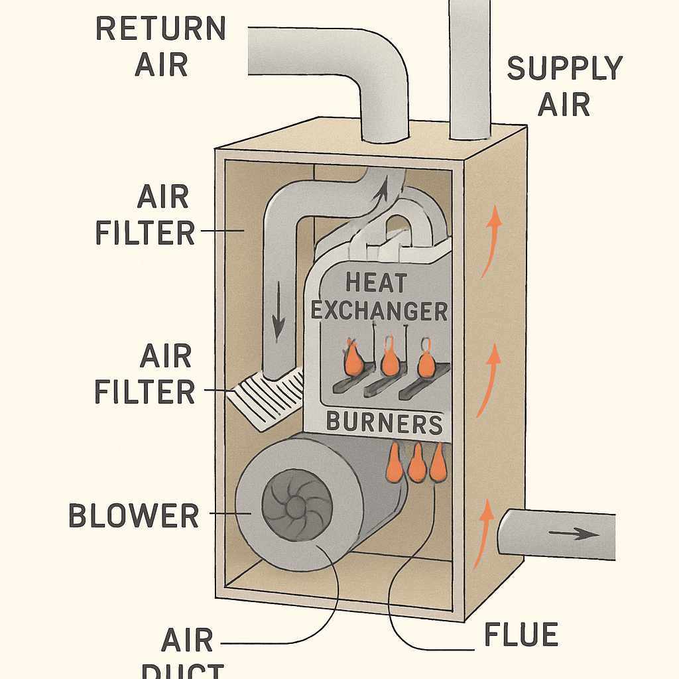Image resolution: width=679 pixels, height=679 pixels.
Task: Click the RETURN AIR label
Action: click(161, 46)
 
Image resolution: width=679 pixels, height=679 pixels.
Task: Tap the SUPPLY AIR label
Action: click(564, 86)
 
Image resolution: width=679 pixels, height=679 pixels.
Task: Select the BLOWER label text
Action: click(133, 516)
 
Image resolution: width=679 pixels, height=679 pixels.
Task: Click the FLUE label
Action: click(521, 635)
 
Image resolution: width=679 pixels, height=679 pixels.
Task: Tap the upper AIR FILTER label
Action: click(145, 216)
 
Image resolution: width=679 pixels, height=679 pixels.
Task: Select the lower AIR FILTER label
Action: click(145, 375)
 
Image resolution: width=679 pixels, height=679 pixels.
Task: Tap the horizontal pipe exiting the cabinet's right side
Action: click(557, 534)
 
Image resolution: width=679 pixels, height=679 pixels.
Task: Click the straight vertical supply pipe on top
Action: click(469, 66)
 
